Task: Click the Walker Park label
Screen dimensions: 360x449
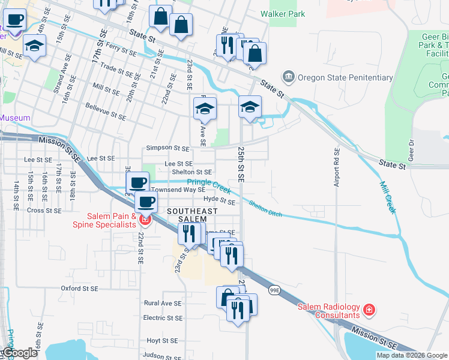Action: tap(283, 14)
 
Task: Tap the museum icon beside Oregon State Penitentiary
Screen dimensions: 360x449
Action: tap(289, 77)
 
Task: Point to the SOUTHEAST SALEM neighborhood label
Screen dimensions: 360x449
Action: tap(192, 215)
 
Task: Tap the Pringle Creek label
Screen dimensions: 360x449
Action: tap(209, 185)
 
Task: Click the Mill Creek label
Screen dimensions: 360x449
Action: tap(387, 197)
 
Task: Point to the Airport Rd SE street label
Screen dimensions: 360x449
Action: tap(337, 169)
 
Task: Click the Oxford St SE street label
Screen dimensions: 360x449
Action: tap(79, 289)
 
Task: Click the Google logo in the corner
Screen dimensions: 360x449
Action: tap(19, 353)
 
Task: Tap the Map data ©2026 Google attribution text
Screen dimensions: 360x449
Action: tap(411, 355)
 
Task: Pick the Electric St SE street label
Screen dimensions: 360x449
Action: tap(163, 318)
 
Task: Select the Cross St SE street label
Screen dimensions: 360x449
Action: tap(44, 211)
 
